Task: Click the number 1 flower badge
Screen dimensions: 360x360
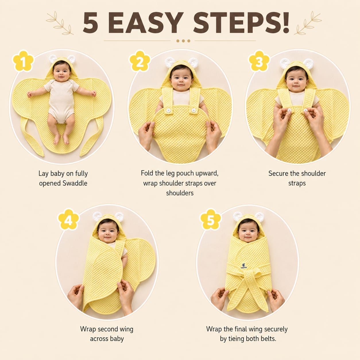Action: pyautogui.click(x=23, y=61)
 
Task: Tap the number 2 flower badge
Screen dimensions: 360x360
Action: pyautogui.click(x=140, y=61)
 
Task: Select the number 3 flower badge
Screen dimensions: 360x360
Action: pyautogui.click(x=259, y=61)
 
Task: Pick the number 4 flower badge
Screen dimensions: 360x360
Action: pyautogui.click(x=68, y=220)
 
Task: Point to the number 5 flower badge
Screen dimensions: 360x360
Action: pyautogui.click(x=211, y=220)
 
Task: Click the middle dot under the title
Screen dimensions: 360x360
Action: pyautogui.click(x=183, y=41)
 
